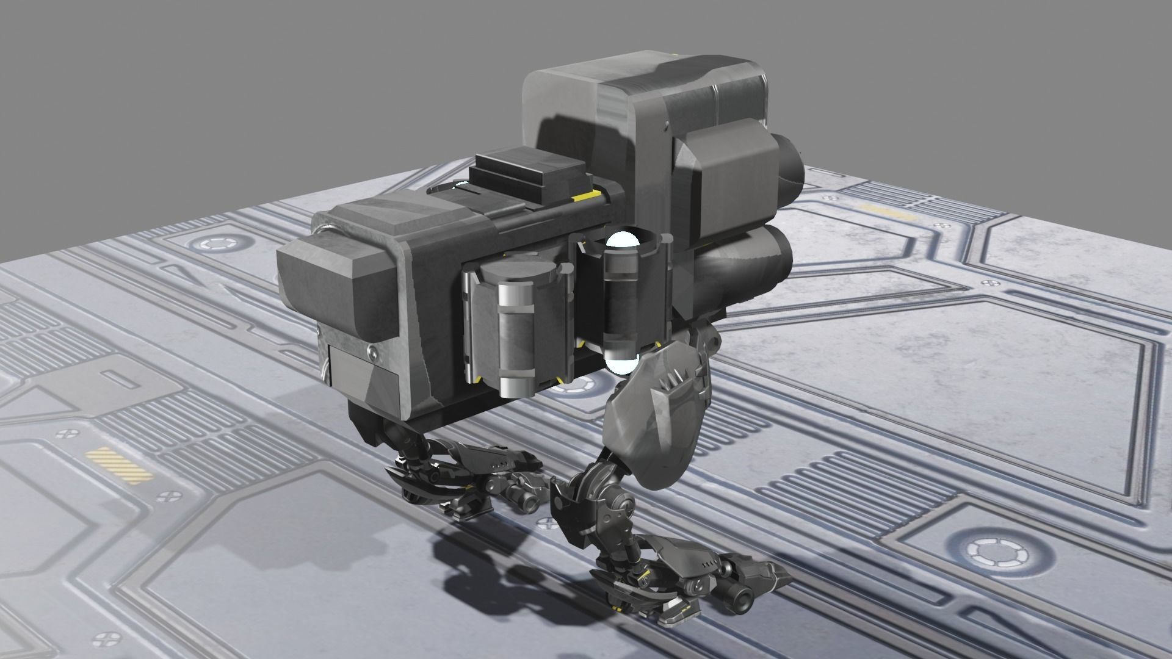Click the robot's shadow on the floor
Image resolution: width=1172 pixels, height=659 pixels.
(488, 567)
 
